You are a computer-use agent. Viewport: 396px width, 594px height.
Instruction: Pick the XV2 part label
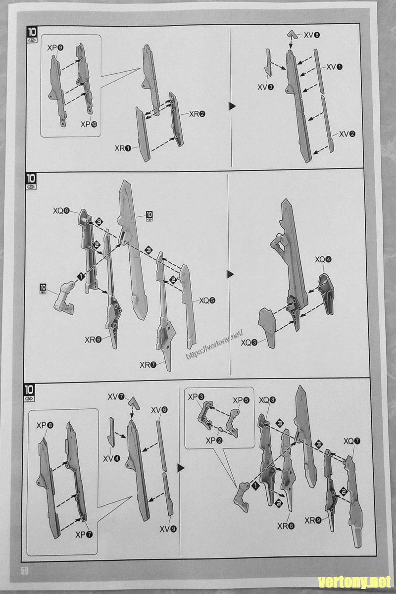pyautogui.click(x=347, y=134)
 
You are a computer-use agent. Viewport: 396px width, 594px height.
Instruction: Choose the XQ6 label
pyautogui.click(x=62, y=210)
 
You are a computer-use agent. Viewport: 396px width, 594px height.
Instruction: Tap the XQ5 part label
pyautogui.click(x=208, y=300)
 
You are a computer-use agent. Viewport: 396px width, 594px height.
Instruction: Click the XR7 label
pyautogui.click(x=148, y=365)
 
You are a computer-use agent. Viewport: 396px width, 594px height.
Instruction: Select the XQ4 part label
pyautogui.click(x=323, y=259)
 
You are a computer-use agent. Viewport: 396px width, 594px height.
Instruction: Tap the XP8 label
pyautogui.click(x=45, y=425)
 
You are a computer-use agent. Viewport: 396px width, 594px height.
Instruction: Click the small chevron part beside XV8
pyautogui.click(x=293, y=35)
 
